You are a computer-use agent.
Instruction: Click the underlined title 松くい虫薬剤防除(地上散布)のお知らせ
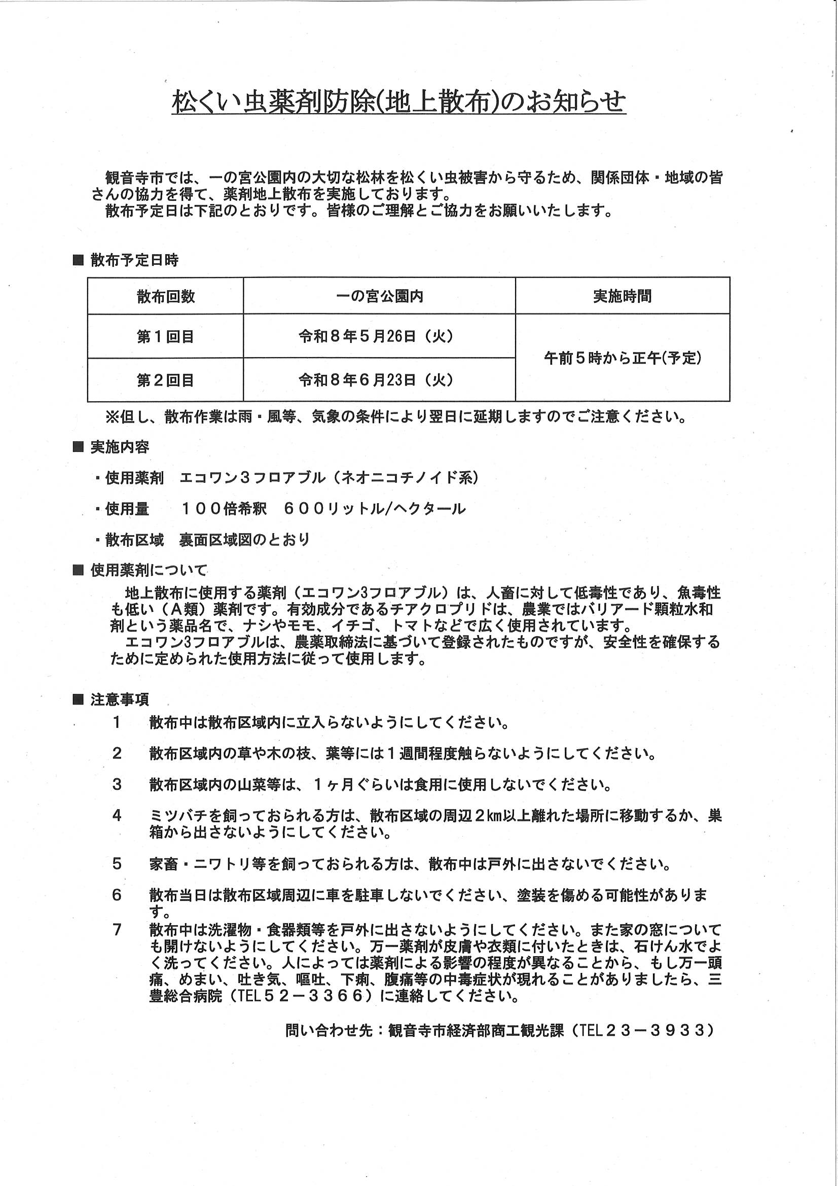pyautogui.click(x=398, y=102)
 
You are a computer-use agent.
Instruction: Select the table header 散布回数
pyautogui.click(x=166, y=296)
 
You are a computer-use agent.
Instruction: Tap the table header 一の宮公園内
pyautogui.click(x=380, y=296)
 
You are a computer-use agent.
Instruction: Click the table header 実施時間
pyautogui.click(x=622, y=296)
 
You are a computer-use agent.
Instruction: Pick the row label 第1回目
pyautogui.click(x=165, y=337)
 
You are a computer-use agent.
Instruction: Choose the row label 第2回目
pyautogui.click(x=165, y=380)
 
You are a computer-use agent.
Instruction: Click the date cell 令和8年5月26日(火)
pyautogui.click(x=376, y=337)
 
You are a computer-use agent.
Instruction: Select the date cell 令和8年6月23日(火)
pyautogui.click(x=376, y=380)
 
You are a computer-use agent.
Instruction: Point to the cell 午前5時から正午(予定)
pyautogui.click(x=623, y=358)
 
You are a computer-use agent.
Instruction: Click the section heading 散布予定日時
pyautogui.click(x=134, y=260)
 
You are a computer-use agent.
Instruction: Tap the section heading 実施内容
pyautogui.click(x=120, y=447)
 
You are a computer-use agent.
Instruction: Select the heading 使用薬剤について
pyautogui.click(x=149, y=571)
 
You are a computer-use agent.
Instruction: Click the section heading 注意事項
pyautogui.click(x=120, y=700)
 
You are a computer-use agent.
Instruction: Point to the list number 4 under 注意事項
pyautogui.click(x=117, y=816)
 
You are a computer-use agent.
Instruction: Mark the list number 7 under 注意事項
pyautogui.click(x=117, y=930)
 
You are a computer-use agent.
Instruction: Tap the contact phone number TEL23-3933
pyautogui.click(x=646, y=1030)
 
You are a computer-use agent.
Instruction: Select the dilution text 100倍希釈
pyautogui.click(x=224, y=509)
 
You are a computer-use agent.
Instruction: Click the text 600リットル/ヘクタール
pyautogui.click(x=375, y=509)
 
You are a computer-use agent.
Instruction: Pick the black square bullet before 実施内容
pyautogui.click(x=79, y=447)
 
